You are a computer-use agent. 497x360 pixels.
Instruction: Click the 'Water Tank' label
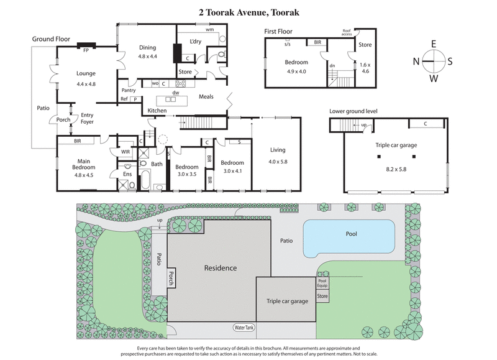pyautogui.click(x=245, y=327)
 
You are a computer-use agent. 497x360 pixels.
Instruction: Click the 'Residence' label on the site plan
pyautogui.click(x=220, y=268)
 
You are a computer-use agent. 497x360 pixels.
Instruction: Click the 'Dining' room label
pyautogui.click(x=147, y=46)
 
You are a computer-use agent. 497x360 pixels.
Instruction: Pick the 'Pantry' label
pyautogui.click(x=129, y=90)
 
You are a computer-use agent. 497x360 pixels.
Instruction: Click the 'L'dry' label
pyautogui.click(x=189, y=42)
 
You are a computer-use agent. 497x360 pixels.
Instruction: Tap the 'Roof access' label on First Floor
pyautogui.click(x=347, y=32)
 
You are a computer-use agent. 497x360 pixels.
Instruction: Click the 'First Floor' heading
pyautogui.click(x=278, y=31)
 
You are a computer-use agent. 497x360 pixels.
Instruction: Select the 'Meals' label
pyautogui.click(x=206, y=97)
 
